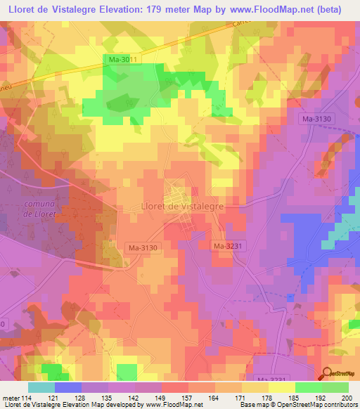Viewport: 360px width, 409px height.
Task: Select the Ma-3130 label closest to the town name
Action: (143, 247)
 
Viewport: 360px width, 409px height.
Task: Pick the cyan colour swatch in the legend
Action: (41, 387)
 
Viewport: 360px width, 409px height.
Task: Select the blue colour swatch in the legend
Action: (67, 387)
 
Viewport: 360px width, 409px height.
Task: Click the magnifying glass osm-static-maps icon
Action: (328, 374)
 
